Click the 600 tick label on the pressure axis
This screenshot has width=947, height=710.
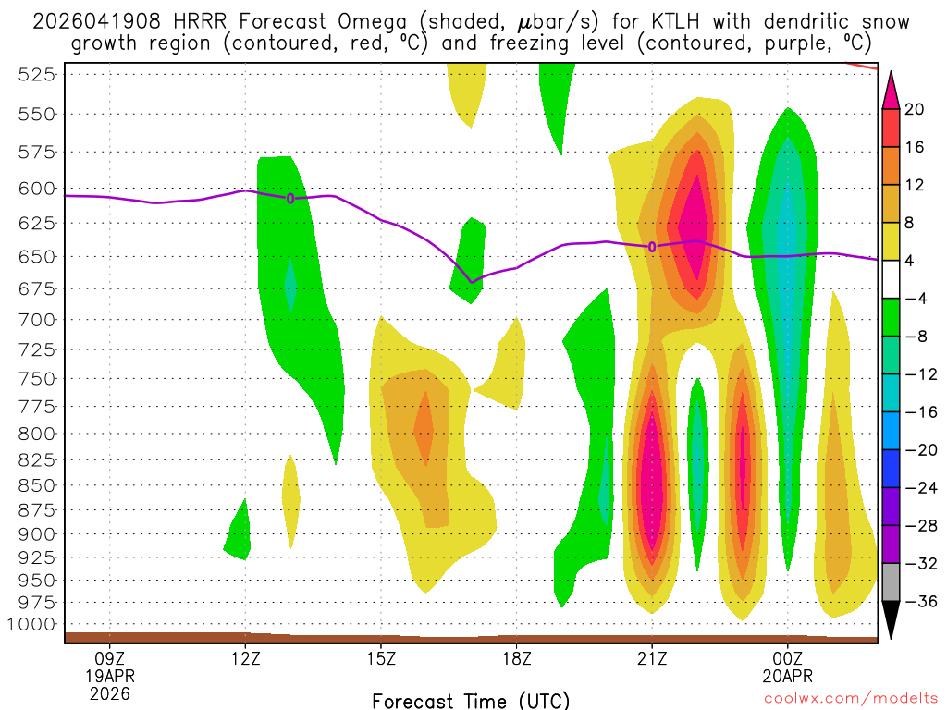tap(34, 188)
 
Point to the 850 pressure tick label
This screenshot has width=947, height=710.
tap(34, 484)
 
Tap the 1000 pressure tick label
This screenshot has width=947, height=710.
tap(30, 623)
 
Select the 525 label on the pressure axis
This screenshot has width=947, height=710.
tap(34, 75)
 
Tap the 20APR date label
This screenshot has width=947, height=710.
tap(787, 675)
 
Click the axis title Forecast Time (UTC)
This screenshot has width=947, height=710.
tap(471, 700)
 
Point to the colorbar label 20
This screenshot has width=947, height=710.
tap(916, 108)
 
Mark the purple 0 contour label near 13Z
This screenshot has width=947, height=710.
tap(290, 198)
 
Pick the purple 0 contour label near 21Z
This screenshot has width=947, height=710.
tap(652, 247)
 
